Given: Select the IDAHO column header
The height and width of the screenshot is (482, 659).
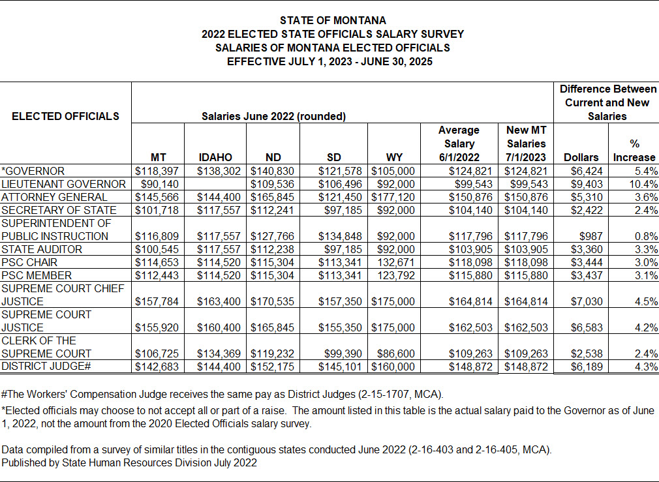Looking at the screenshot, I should tap(215, 157).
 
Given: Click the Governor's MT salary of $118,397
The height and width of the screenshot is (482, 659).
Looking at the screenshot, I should tap(157, 171).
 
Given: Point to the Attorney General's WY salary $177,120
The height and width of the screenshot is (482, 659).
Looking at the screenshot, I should tap(393, 197).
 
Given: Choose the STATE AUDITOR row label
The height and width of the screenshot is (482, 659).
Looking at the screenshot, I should tap(42, 249).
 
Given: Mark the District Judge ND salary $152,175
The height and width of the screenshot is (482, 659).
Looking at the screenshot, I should tap(273, 367).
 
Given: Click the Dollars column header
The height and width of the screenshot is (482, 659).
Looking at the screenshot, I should tap(581, 157).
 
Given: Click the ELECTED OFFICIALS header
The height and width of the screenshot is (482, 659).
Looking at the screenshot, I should tap(65, 116).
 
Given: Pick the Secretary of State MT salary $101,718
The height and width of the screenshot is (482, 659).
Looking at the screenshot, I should tap(157, 210).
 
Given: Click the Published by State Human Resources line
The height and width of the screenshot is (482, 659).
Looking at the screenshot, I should tap(129, 462).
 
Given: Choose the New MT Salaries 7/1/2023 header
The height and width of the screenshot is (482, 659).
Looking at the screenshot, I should tap(526, 143).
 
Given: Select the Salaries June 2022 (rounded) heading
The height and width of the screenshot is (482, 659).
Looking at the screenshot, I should tap(273, 116).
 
